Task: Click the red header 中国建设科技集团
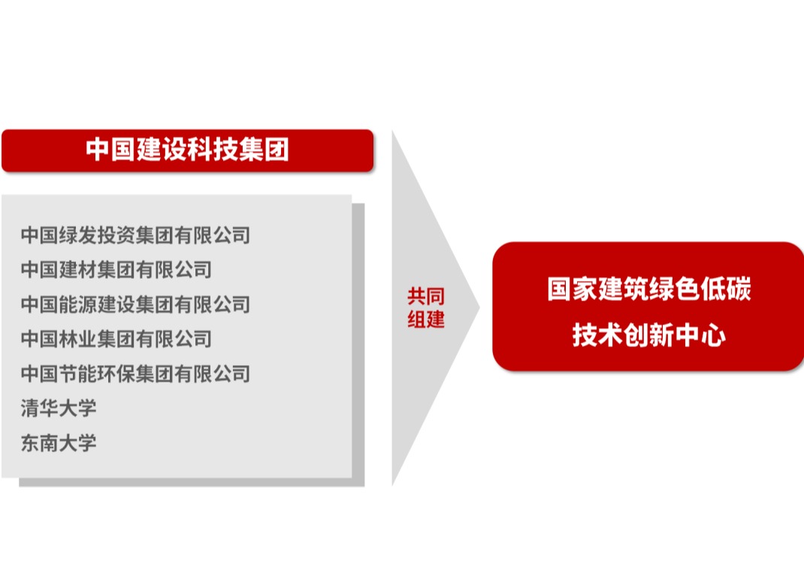click(x=188, y=150)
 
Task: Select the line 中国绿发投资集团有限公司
click(x=135, y=235)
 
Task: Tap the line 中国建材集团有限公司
click(x=116, y=270)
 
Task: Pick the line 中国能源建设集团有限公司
click(x=135, y=304)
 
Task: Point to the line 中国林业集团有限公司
click(x=116, y=339)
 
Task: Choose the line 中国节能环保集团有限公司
click(x=135, y=374)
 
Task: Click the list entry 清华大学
click(x=59, y=408)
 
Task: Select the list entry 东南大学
click(x=59, y=443)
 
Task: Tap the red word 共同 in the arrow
click(x=425, y=296)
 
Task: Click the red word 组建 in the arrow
click(x=425, y=319)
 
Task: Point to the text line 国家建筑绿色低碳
click(x=648, y=288)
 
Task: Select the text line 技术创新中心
click(x=648, y=335)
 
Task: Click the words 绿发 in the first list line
click(x=78, y=235)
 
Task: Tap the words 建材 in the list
click(x=78, y=270)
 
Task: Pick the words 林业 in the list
click(x=78, y=339)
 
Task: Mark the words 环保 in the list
click(x=116, y=374)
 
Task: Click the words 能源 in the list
click(x=78, y=304)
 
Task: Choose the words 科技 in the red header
click(x=213, y=150)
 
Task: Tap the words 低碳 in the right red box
click(x=726, y=288)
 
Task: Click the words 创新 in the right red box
click(x=648, y=335)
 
